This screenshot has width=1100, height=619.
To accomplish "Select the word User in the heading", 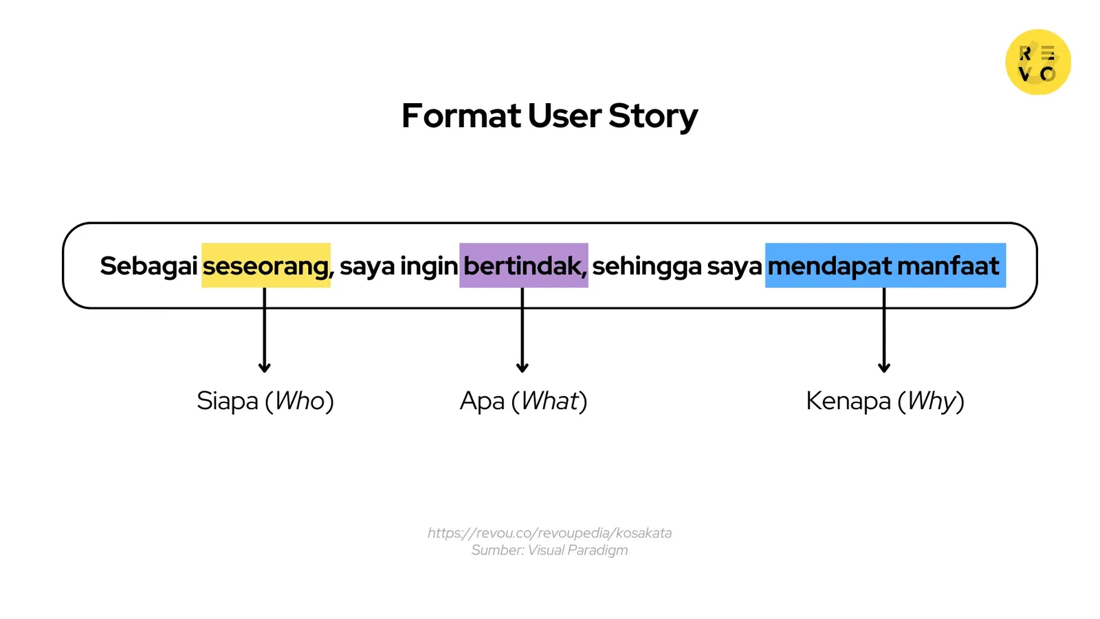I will pyautogui.click(x=564, y=116).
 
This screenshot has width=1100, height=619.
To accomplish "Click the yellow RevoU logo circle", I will pyautogui.click(x=1037, y=62).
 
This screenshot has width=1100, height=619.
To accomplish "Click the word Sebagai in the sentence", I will pyautogui.click(x=148, y=265).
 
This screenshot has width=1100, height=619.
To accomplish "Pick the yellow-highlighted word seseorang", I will pyautogui.click(x=265, y=265).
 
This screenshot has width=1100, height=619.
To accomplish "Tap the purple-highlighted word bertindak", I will pyautogui.click(x=522, y=265).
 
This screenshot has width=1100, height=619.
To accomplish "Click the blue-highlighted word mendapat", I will pyautogui.click(x=829, y=265).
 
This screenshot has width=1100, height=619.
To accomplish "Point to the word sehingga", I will pyautogui.click(x=647, y=265).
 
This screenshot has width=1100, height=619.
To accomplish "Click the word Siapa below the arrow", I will pyautogui.click(x=228, y=400).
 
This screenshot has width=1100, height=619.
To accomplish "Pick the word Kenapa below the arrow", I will pyautogui.click(x=848, y=400).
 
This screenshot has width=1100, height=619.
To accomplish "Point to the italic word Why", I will pyautogui.click(x=932, y=400).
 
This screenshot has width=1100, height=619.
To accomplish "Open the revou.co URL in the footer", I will pyautogui.click(x=549, y=532).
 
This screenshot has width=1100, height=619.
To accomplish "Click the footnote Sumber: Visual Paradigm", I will pyautogui.click(x=549, y=550).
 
